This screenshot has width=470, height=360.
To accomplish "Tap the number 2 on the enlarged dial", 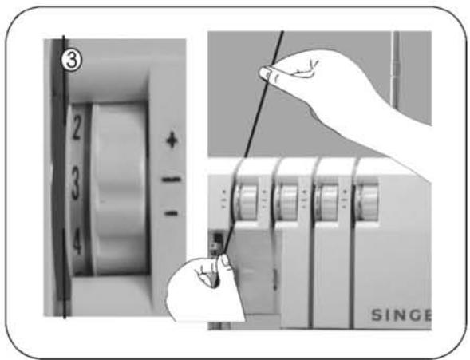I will tap(77, 131).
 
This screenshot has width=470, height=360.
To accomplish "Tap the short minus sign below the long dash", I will tap(171, 212).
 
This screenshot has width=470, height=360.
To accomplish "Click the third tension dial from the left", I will tap(327, 197).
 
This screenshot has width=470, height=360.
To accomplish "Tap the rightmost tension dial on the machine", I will tap(368, 197).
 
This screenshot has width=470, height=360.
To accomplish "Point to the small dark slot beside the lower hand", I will tap(213, 240).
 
